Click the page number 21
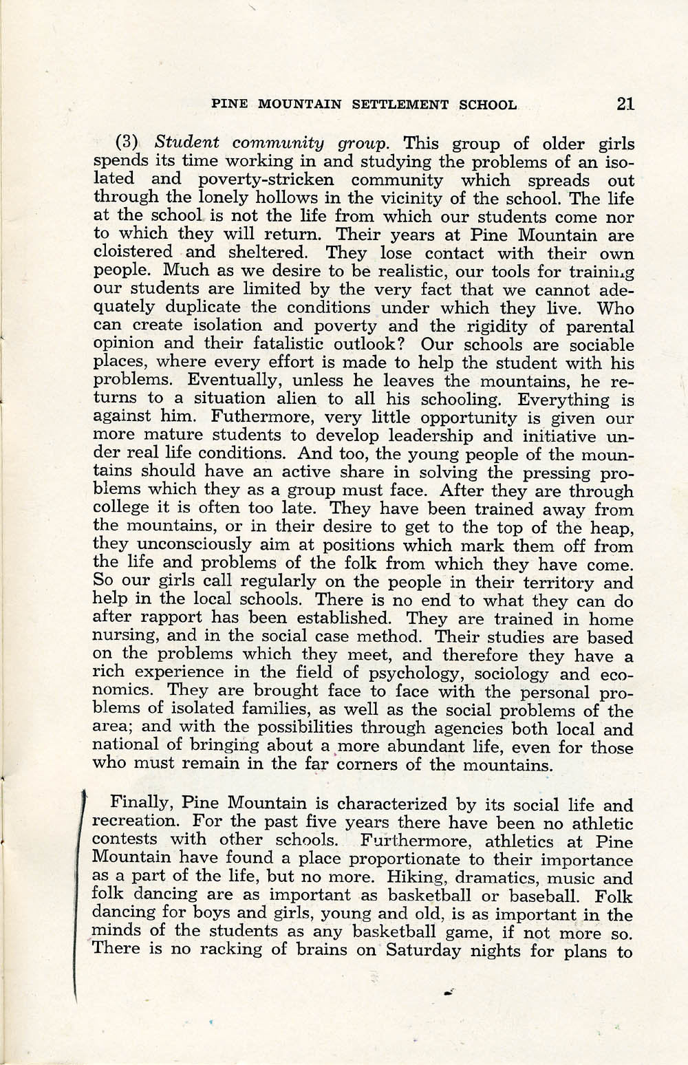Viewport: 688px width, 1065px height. [625, 105]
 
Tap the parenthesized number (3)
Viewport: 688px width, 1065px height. [127, 144]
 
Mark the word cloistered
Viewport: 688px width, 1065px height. [132, 252]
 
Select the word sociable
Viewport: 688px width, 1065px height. [593, 345]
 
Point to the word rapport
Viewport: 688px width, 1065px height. [162, 619]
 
